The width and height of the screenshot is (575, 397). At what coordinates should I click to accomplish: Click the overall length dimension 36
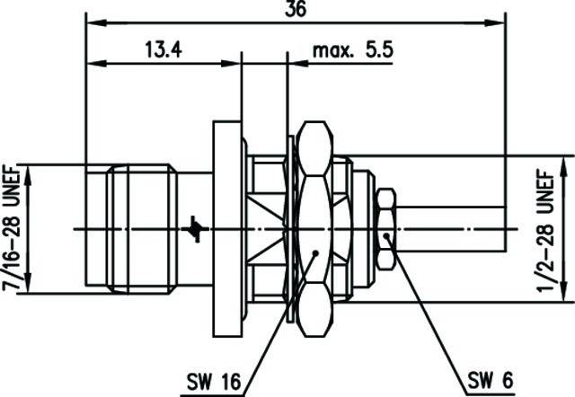click(x=296, y=9)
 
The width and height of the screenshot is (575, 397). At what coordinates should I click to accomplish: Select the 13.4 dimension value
click(x=164, y=50)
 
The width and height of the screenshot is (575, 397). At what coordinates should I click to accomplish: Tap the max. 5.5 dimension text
click(x=353, y=50)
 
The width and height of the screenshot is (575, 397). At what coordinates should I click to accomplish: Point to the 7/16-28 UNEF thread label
click(x=11, y=228)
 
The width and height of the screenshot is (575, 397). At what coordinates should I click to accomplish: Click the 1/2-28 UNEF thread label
click(x=546, y=230)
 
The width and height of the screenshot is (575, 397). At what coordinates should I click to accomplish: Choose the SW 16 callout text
click(x=214, y=382)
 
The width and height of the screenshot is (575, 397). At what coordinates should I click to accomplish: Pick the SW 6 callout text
click(x=491, y=380)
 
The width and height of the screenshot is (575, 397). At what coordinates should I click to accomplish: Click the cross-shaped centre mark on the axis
click(x=197, y=229)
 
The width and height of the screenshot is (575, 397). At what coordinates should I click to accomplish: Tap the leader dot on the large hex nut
click(x=315, y=253)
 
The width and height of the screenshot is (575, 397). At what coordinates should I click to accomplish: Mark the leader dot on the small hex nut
click(x=386, y=235)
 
